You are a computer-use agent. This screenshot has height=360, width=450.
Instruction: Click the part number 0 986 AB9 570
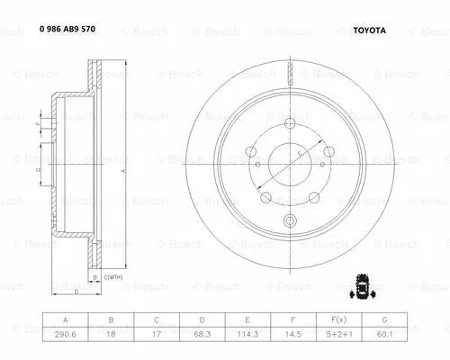click(67, 29)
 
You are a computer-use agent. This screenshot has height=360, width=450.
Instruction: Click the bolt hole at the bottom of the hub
click(289, 220)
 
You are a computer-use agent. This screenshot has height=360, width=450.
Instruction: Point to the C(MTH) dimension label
click(113, 278)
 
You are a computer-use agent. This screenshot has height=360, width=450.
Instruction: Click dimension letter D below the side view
click(76, 292)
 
